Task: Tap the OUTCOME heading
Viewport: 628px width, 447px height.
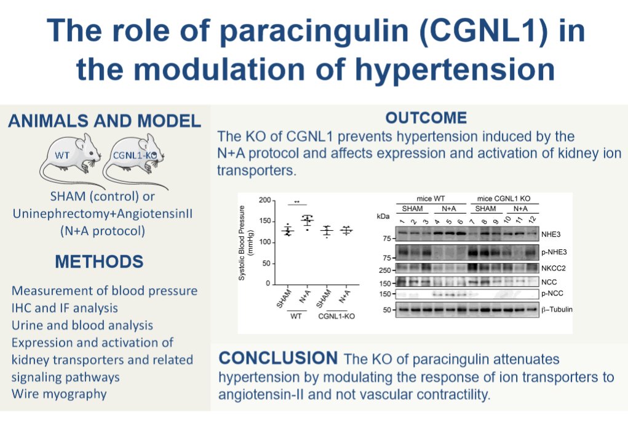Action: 426,118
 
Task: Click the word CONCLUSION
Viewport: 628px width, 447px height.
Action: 278,358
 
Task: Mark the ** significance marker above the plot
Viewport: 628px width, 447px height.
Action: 297,201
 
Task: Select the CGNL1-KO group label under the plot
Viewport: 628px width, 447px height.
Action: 337,316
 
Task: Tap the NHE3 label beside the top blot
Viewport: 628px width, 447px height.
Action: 551,235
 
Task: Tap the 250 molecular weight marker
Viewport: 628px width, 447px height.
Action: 386,270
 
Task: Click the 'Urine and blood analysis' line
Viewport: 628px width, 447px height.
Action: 82,324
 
